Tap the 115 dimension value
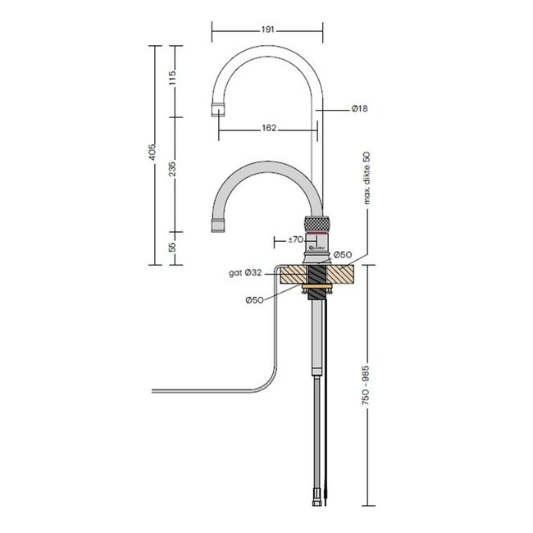click(172, 80)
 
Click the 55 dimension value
click(172, 247)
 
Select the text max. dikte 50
click(367, 176)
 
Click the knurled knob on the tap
click(317, 221)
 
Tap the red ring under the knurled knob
click(317, 232)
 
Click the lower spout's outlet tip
click(220, 224)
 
